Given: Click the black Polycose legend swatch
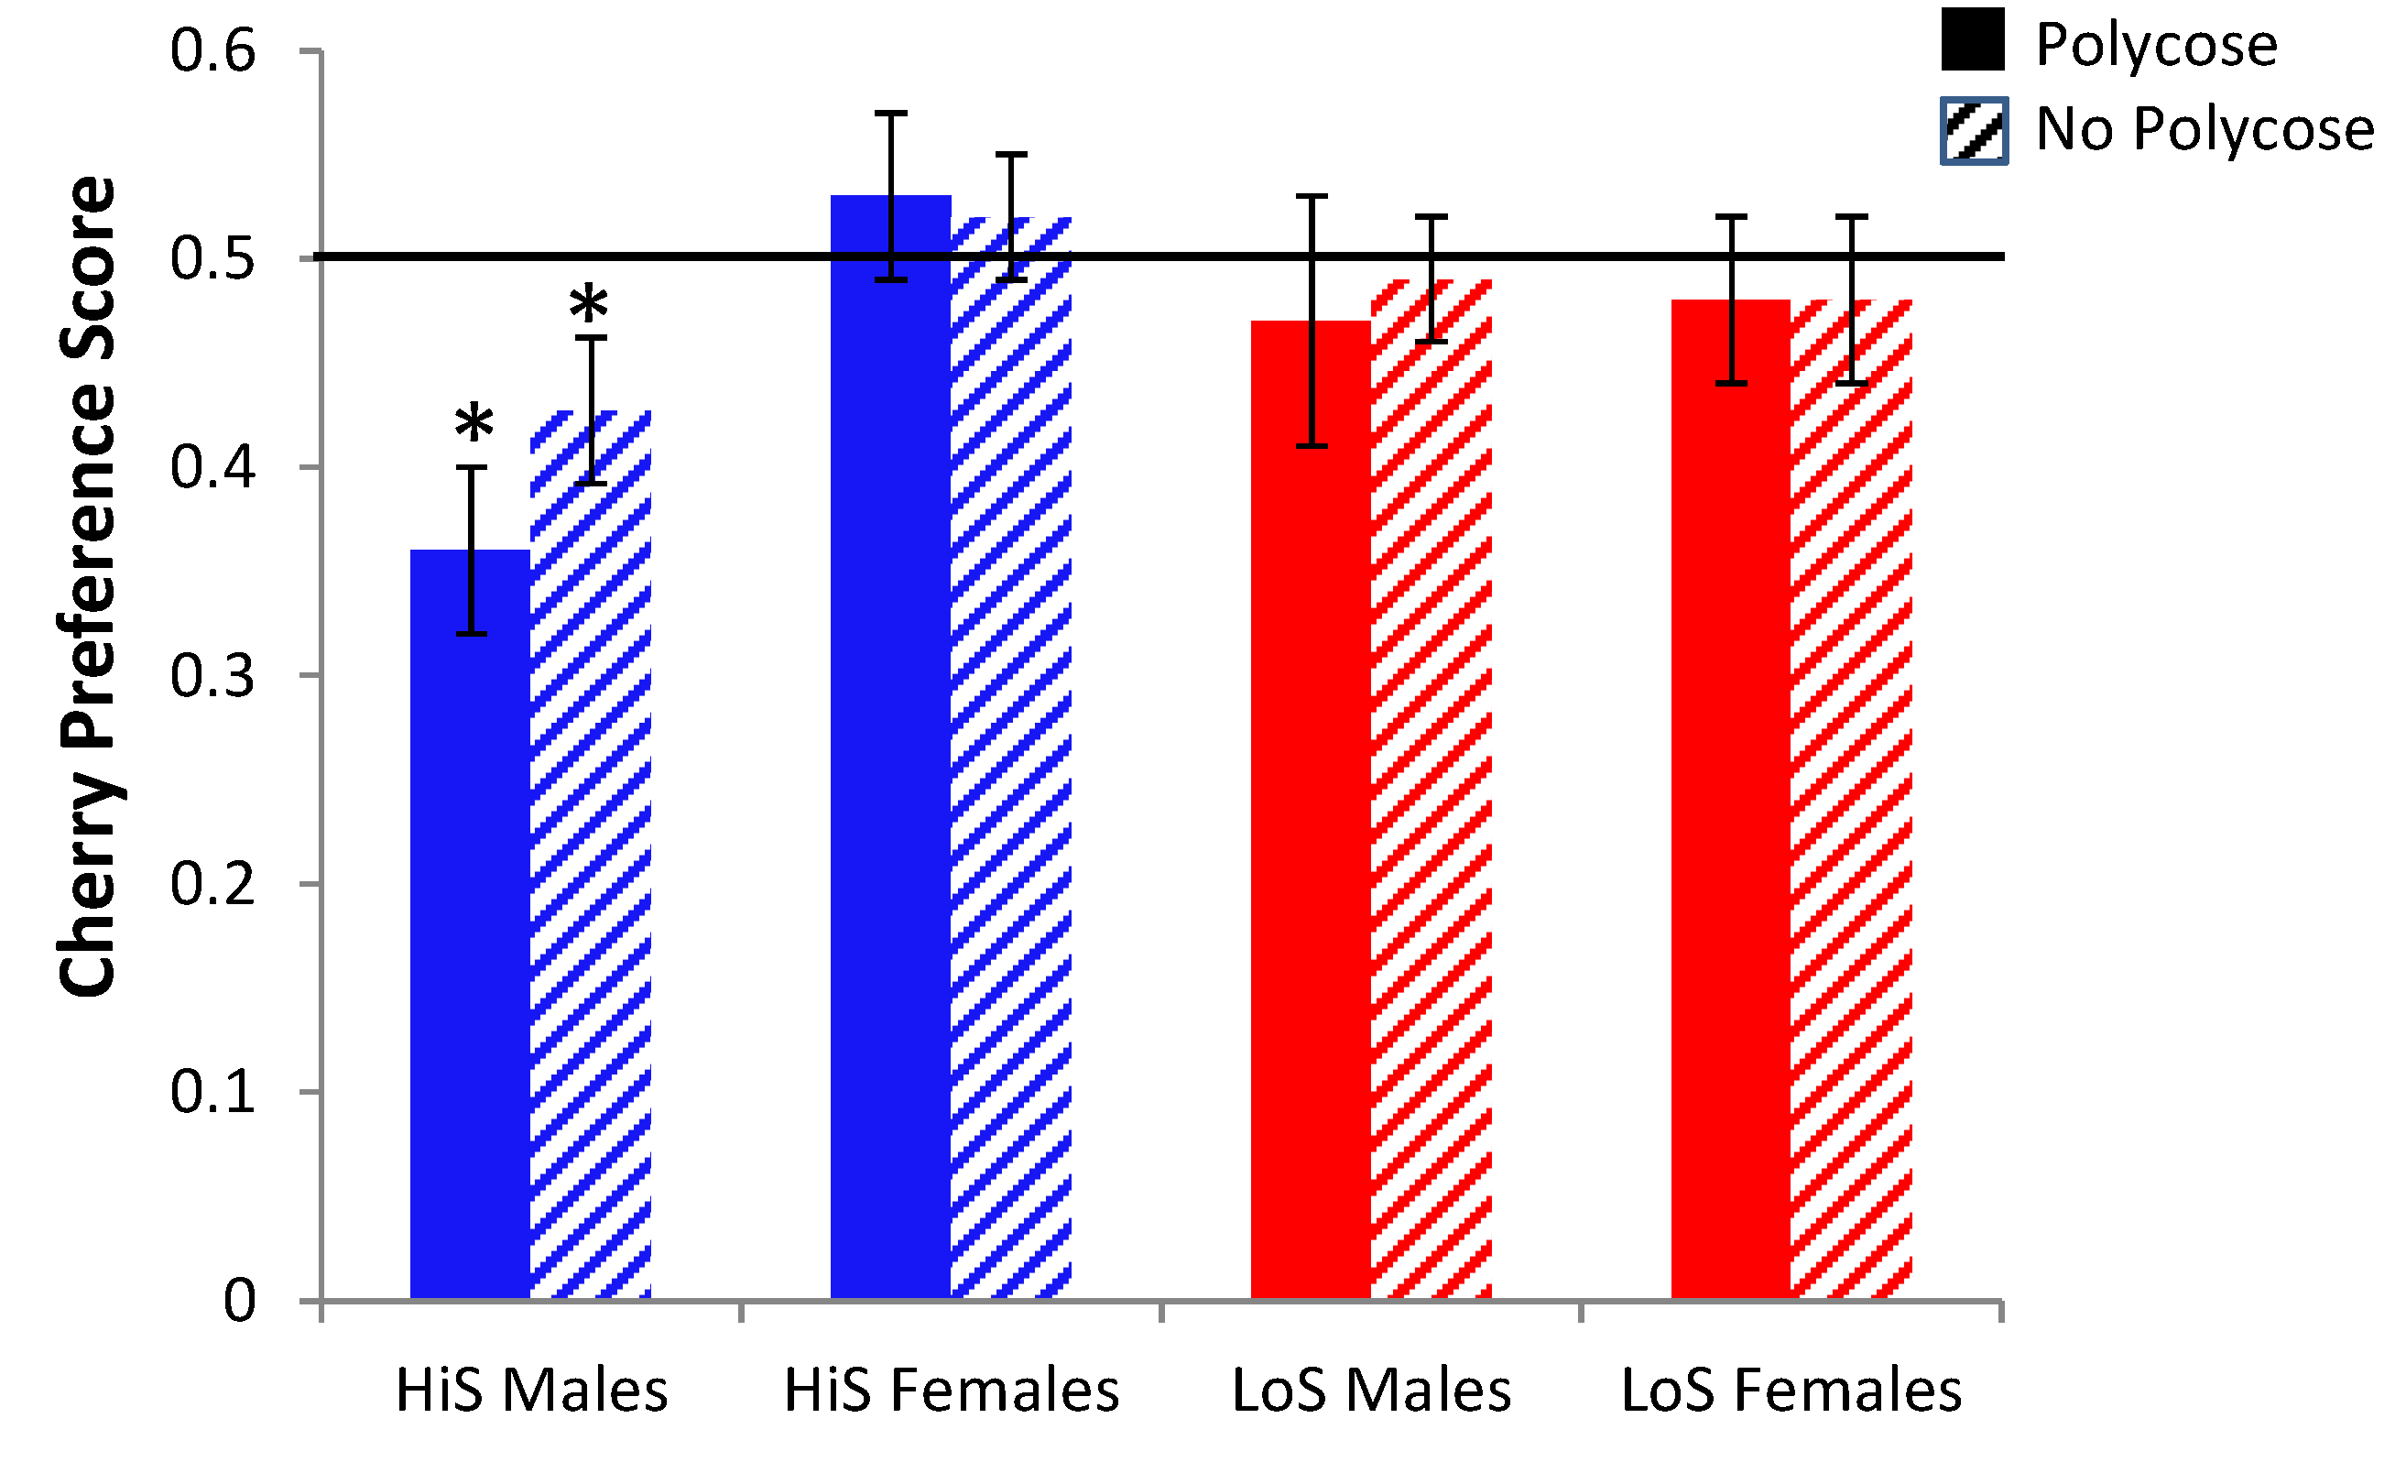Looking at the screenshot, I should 1973,39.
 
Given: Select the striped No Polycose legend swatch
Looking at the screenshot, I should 1974,131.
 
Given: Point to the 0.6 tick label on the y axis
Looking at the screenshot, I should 212,50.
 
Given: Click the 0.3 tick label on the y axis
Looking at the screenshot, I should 212,675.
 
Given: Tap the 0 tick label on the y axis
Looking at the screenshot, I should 239,1300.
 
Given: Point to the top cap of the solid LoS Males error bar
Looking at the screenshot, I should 1311,196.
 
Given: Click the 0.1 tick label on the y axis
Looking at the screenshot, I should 212,1091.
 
